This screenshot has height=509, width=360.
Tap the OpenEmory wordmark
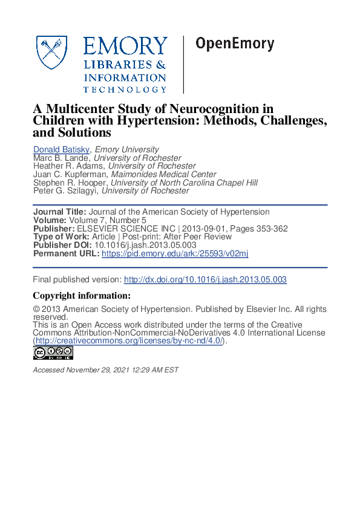(x=234, y=45)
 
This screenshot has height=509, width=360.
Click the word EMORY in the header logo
(x=125, y=47)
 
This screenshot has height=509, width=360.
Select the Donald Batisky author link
(x=61, y=149)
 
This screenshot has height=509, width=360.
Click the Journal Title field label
(x=59, y=212)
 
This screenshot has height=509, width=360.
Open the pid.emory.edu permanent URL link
(x=175, y=254)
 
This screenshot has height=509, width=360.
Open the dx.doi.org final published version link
(x=205, y=280)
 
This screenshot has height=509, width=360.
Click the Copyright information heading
(x=81, y=296)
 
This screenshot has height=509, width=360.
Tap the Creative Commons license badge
(x=53, y=353)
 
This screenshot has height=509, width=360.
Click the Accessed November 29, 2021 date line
(x=106, y=370)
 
